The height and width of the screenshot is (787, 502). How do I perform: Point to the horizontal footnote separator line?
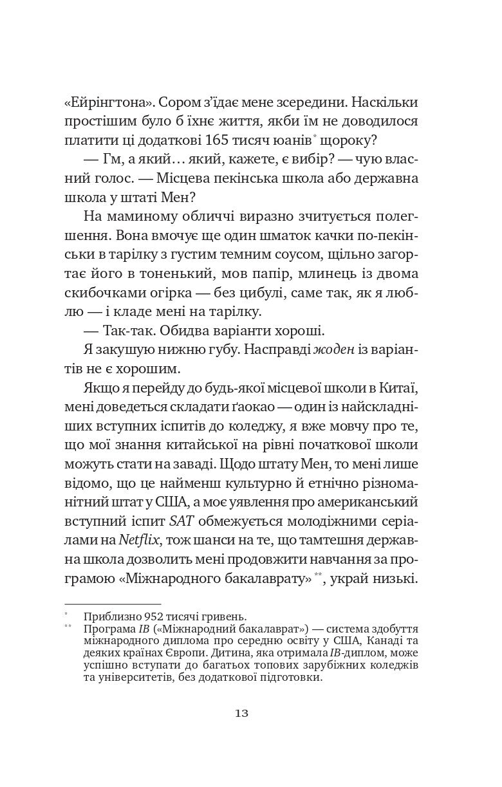pos(113,604)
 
